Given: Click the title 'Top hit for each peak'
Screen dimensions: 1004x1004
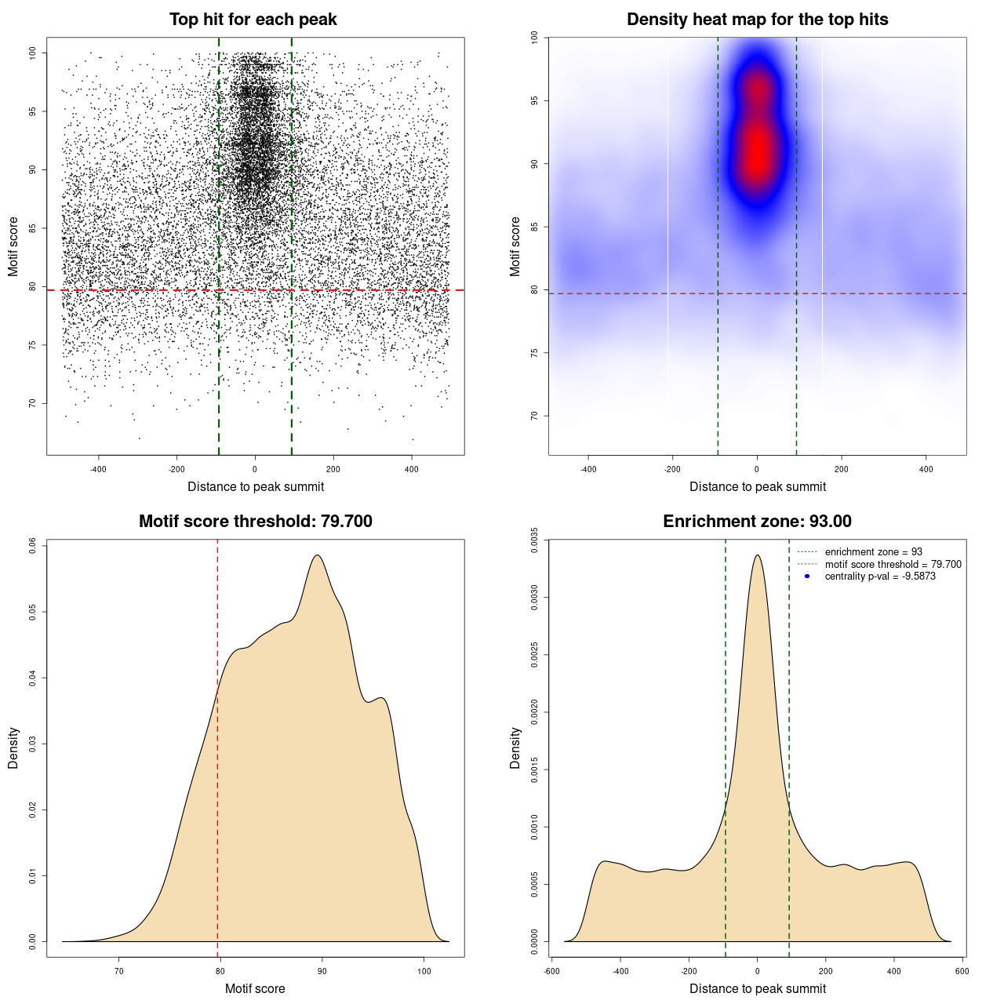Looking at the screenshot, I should tap(253, 20).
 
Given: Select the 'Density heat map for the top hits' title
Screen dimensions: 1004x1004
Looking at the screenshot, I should tap(757, 20).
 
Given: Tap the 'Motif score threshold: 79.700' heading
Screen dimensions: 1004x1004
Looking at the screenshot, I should tap(255, 522).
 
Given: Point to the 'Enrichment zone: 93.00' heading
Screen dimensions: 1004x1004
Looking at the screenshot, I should tap(757, 522).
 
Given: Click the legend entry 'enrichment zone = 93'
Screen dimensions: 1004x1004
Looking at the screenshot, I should tap(873, 552).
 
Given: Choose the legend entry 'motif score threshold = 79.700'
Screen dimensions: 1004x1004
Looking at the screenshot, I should tap(893, 564).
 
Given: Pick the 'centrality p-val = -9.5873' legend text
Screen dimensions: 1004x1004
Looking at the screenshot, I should tap(880, 577).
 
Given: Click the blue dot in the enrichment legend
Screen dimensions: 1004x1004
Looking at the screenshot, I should tap(807, 577).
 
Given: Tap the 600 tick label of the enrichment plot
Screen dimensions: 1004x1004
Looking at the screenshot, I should tap(962, 971).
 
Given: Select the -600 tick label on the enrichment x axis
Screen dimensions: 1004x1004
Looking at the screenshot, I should tap(551, 971).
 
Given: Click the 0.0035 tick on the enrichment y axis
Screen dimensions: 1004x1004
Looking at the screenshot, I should tap(535, 540).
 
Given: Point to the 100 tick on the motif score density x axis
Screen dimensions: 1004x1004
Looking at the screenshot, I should tap(424, 971).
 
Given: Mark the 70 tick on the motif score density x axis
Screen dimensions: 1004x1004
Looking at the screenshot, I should tap(119, 971).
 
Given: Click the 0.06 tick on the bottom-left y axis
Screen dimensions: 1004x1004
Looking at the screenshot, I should tap(33, 546).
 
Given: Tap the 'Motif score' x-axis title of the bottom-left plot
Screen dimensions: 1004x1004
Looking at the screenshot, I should tap(255, 988).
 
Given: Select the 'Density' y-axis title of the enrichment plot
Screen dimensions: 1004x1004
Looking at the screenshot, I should tap(515, 748).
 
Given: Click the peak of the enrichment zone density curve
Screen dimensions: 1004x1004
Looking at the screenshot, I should tap(757, 555).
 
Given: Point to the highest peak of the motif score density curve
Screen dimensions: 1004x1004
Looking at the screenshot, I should tap(318, 555).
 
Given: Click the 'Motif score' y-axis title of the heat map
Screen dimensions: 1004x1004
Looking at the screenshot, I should tap(515, 246).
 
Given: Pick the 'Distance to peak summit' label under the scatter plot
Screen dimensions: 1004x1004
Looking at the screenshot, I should tap(256, 486).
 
